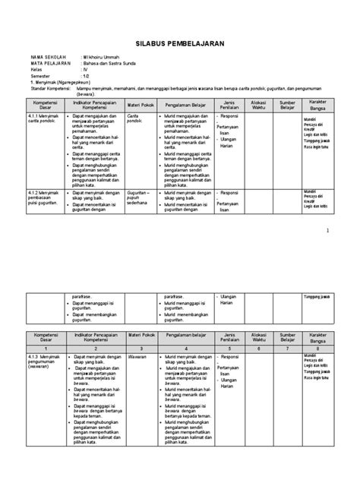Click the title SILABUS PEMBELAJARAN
click(180, 44)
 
